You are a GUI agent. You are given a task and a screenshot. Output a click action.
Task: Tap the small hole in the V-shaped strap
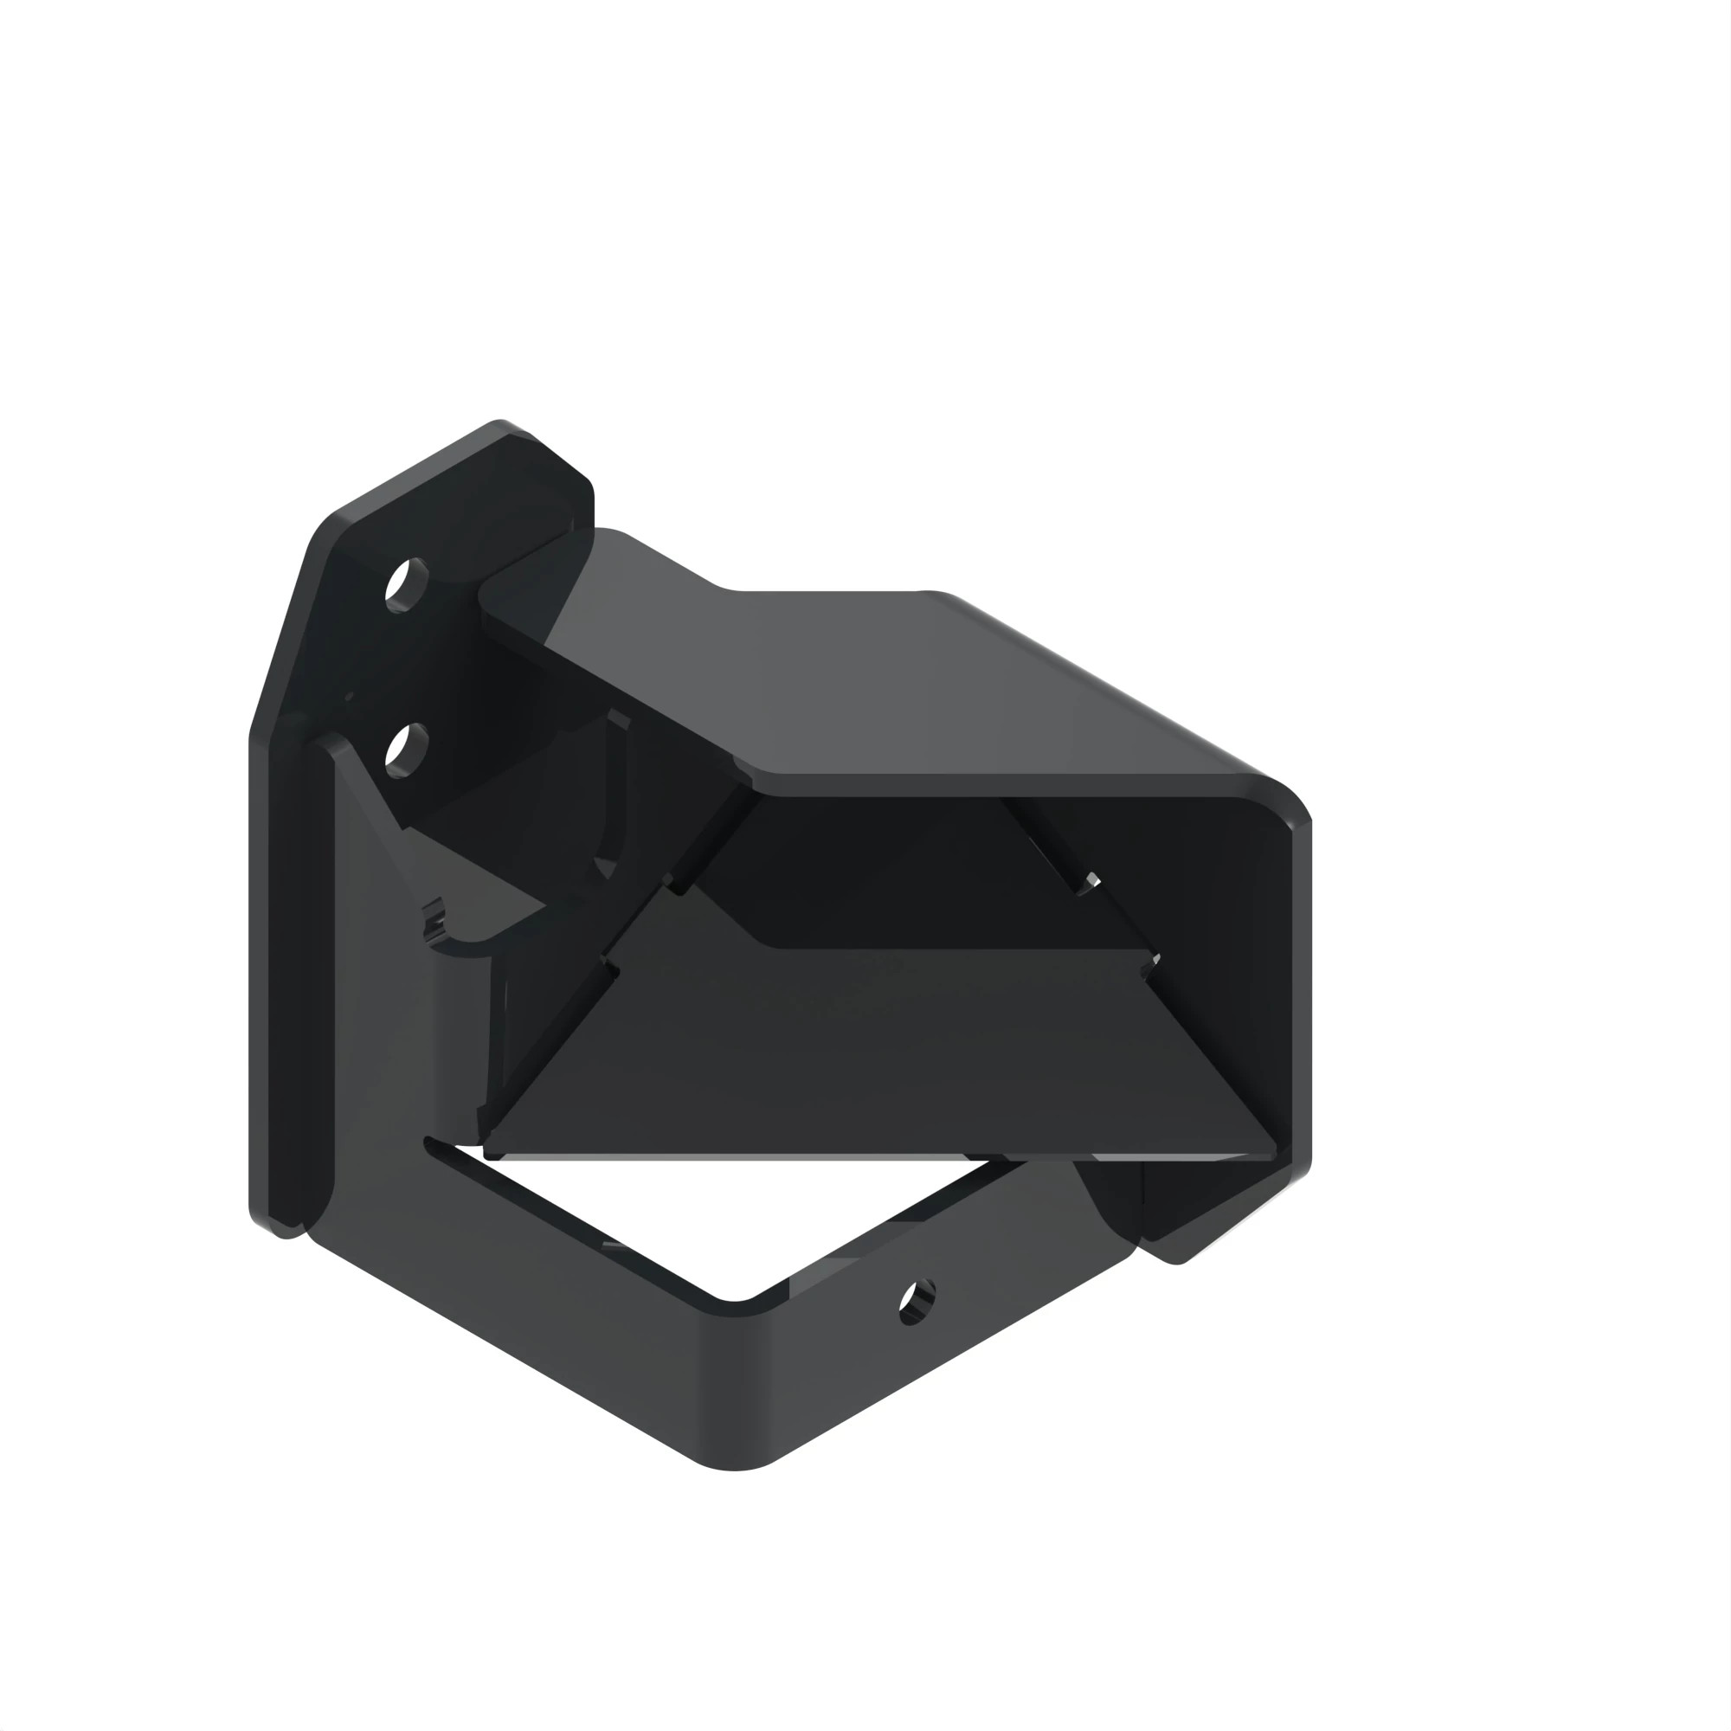(x=917, y=1301)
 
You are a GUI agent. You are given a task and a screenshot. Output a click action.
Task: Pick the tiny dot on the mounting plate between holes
(x=350, y=696)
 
